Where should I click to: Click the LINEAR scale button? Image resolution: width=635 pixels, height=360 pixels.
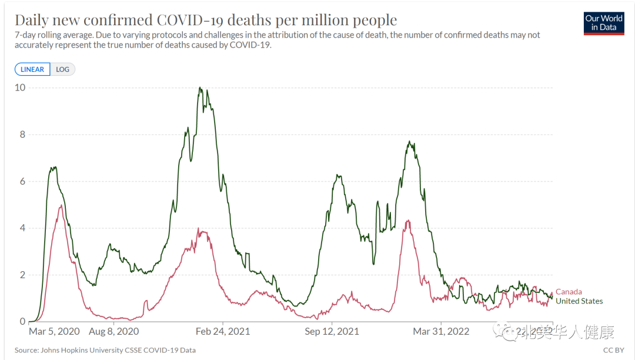[x=32, y=69]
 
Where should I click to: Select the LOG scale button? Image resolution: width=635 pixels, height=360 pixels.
[x=62, y=69]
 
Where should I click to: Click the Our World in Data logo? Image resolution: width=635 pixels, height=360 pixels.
[x=604, y=23]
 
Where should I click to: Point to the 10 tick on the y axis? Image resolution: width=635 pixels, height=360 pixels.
[x=20, y=88]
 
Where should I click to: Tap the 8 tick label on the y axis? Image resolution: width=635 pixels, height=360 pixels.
[x=22, y=135]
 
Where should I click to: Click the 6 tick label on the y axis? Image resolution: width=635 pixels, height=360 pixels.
[x=22, y=181]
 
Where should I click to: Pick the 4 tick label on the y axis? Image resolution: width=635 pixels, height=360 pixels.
[x=22, y=228]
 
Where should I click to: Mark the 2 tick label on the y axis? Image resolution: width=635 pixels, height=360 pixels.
[x=22, y=275]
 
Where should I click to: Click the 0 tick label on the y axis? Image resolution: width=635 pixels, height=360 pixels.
[x=22, y=322]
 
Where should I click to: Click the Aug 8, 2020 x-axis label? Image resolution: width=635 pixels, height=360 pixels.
[x=122, y=332]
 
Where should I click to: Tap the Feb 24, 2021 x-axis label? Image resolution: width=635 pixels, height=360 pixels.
[x=223, y=332]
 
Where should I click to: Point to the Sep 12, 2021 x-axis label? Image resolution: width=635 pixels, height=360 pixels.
[x=332, y=332]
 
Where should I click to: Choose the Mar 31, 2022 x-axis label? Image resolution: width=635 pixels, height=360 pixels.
[x=441, y=332]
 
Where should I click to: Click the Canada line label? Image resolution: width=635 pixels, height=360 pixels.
[x=569, y=292]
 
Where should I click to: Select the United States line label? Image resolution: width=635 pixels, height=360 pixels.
[x=579, y=301]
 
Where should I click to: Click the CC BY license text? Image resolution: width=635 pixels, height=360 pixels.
[x=614, y=351]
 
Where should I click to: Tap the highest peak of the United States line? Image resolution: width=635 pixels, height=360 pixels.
[x=200, y=88]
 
